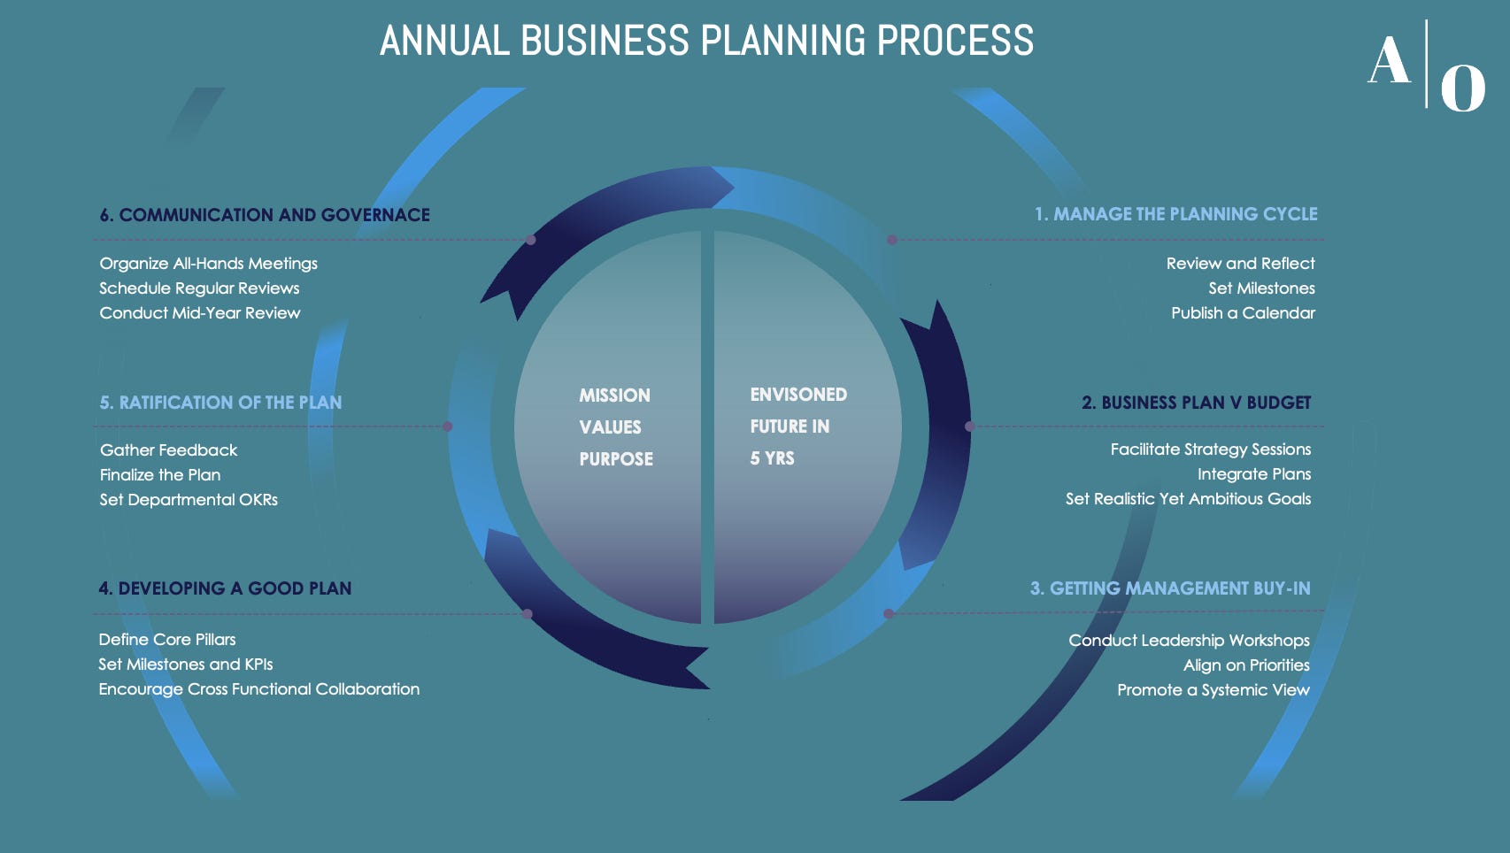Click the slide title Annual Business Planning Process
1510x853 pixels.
point(706,41)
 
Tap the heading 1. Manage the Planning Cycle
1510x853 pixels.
point(1175,214)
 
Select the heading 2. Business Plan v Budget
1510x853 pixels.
point(1196,403)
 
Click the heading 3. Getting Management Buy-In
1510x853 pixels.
point(1170,588)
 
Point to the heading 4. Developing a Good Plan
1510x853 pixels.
point(225,588)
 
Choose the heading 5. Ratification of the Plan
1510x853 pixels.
point(220,403)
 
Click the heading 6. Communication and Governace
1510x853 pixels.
point(265,215)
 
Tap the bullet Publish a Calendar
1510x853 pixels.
point(1243,313)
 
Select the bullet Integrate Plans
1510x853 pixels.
point(1254,474)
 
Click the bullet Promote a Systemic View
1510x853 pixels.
point(1213,690)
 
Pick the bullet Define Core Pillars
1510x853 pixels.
point(167,640)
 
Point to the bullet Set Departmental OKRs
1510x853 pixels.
point(189,500)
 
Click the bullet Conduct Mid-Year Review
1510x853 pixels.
point(200,313)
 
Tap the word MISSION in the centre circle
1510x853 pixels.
point(614,396)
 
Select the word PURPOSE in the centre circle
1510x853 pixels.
point(616,459)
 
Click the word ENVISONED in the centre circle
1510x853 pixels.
point(798,395)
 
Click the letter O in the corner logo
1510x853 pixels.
point(1462,88)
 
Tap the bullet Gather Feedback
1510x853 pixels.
point(168,450)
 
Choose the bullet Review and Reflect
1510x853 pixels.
point(1240,264)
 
